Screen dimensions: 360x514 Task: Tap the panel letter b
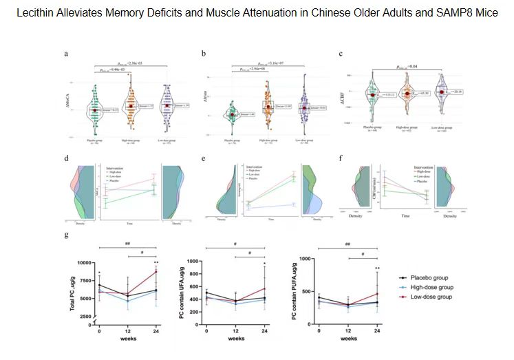click(x=203, y=54)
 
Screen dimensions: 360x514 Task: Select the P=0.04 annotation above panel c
click(x=407, y=67)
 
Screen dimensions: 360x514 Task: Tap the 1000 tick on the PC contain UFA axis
click(x=193, y=262)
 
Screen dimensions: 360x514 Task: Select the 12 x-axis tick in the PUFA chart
click(x=348, y=331)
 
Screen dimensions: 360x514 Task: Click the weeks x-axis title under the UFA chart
click(x=235, y=339)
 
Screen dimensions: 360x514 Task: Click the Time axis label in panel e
click(x=270, y=219)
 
